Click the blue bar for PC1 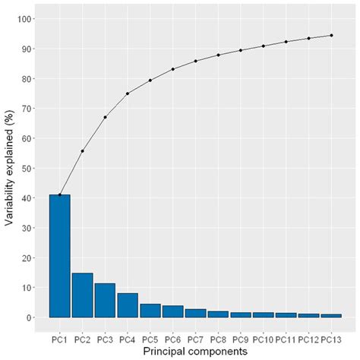pos(59,256)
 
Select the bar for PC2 pos(82,295)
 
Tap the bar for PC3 pos(105,300)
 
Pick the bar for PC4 pos(128,305)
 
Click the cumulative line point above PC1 pos(59,195)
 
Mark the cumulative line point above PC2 pos(82,151)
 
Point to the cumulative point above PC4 pos(128,93)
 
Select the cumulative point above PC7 pos(195,61)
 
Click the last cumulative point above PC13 pos(331,35)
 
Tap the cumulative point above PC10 pos(264,46)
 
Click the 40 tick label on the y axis pos(25,198)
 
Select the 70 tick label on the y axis pos(25,109)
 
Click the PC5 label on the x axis pos(150,337)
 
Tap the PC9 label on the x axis pos(241,337)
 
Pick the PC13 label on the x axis pos(331,337)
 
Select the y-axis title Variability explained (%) pos(8,169)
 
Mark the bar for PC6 pos(172,311)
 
